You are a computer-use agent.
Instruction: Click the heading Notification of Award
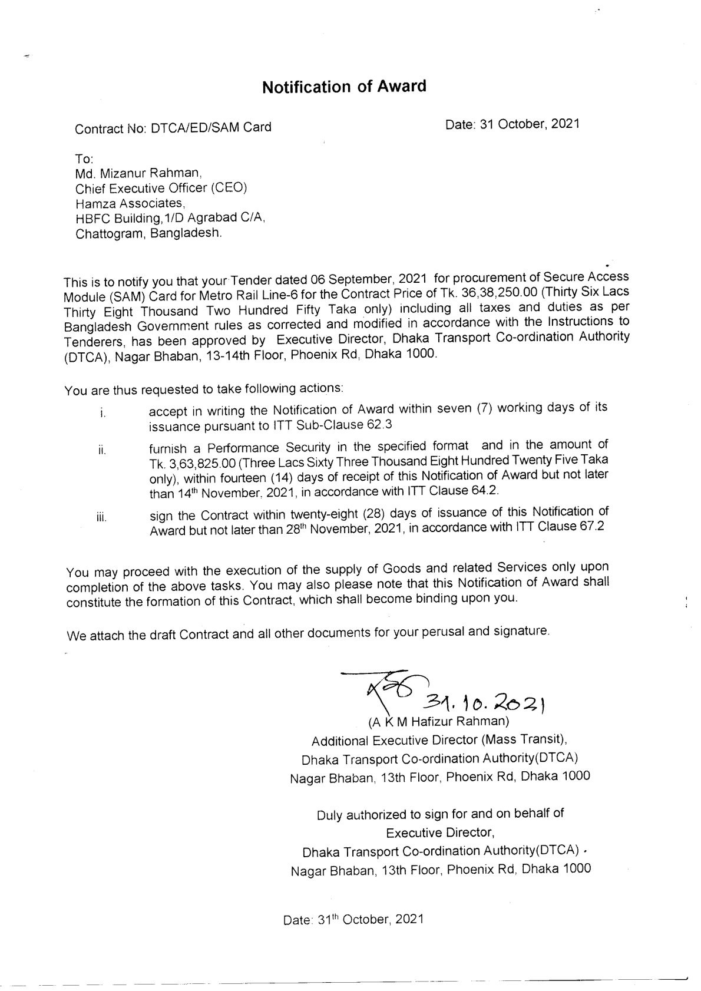point(343,87)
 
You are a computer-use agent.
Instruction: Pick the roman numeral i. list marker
point(102,414)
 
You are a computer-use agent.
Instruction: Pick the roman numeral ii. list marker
point(102,452)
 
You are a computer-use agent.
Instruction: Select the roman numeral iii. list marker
point(101,518)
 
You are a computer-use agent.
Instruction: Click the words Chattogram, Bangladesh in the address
point(149,233)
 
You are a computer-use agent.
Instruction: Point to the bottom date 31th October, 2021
point(353,920)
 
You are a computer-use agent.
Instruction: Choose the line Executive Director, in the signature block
point(439,833)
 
